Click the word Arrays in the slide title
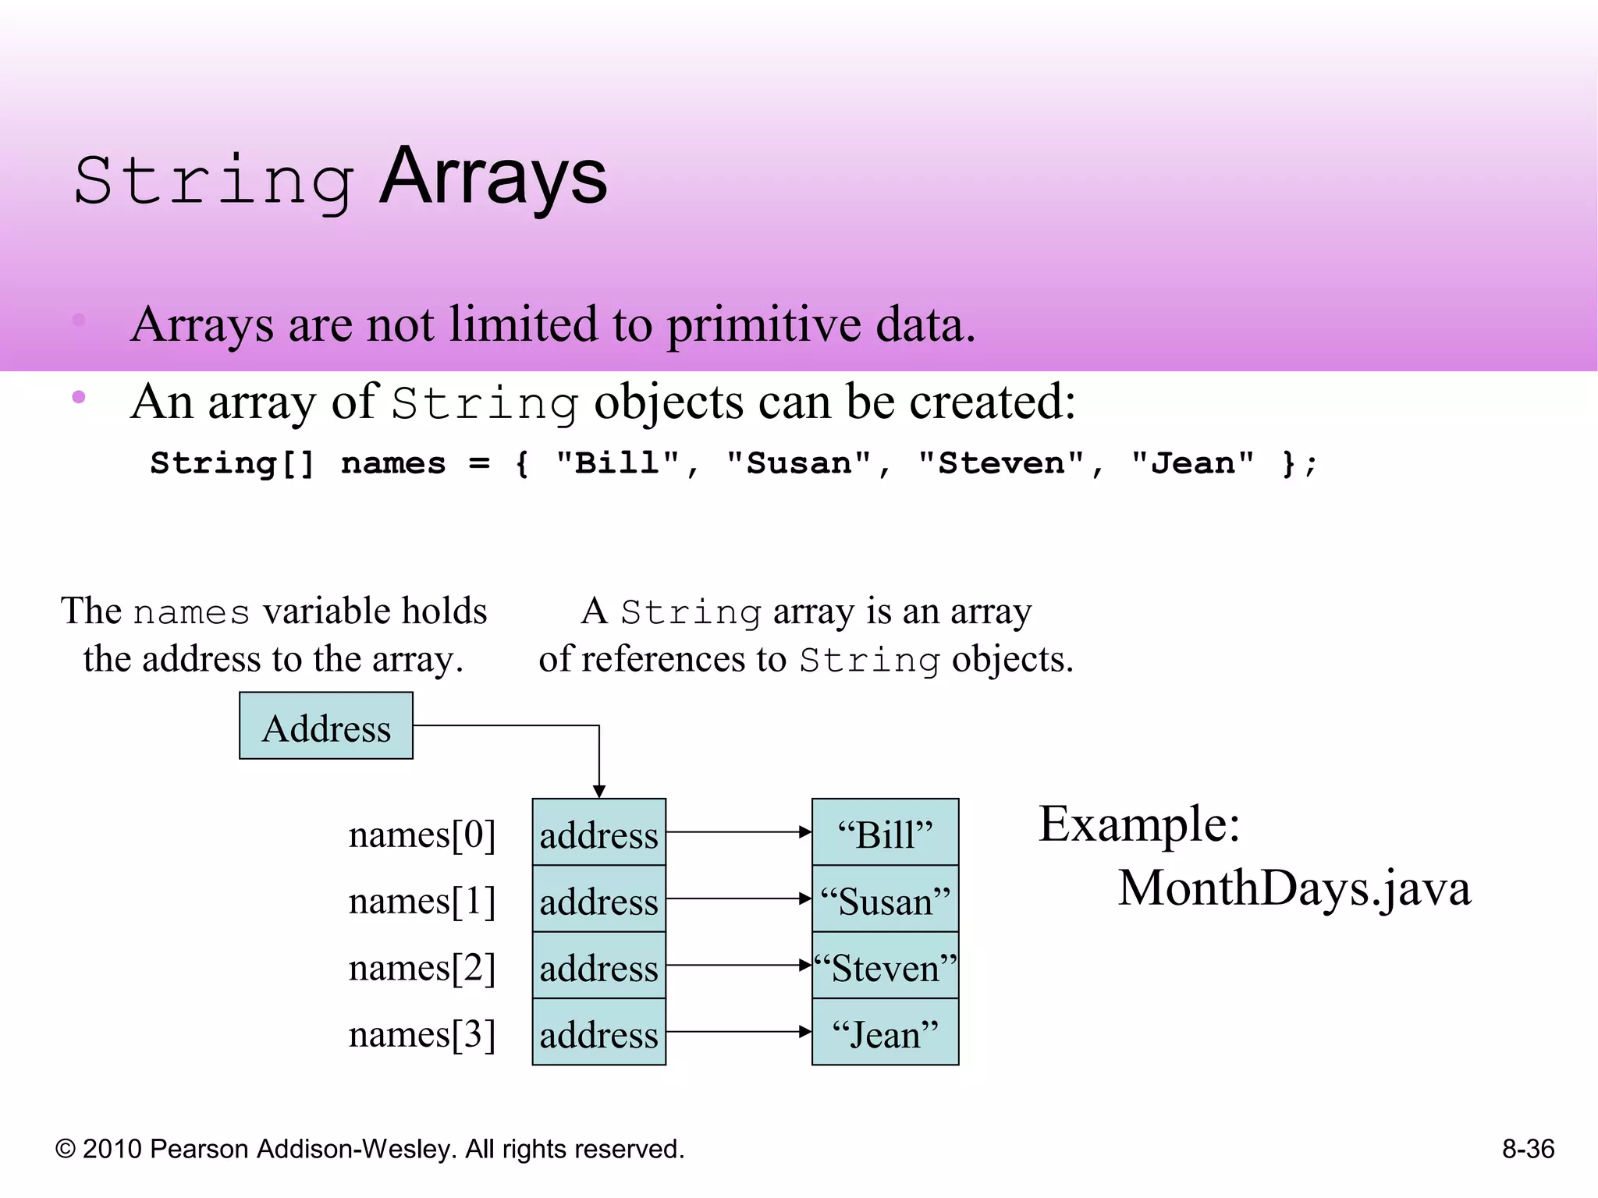click(493, 178)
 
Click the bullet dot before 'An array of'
click(78, 397)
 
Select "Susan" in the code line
click(799, 463)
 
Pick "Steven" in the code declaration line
click(1001, 463)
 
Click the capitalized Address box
click(326, 726)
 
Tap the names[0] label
click(422, 835)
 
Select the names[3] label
click(422, 1034)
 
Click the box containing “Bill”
click(885, 832)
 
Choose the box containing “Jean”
click(885, 1033)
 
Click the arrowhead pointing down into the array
click(599, 791)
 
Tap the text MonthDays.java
click(1294, 888)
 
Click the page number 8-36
click(1528, 1149)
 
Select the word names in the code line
click(393, 463)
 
